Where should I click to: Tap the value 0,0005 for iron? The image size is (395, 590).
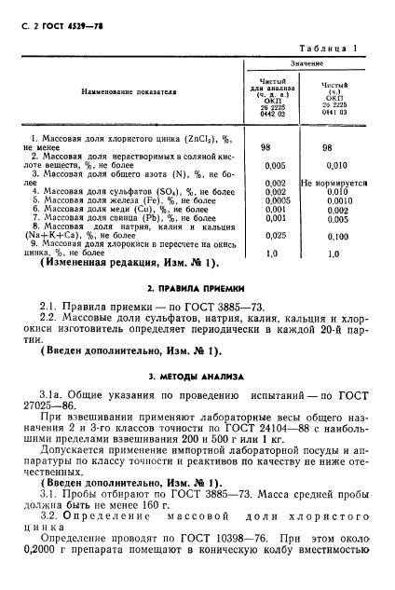pyautogui.click(x=276, y=200)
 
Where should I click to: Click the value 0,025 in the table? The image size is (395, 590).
pyautogui.click(x=275, y=236)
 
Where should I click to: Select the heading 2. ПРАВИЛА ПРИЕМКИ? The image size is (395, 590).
pyautogui.click(x=196, y=289)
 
